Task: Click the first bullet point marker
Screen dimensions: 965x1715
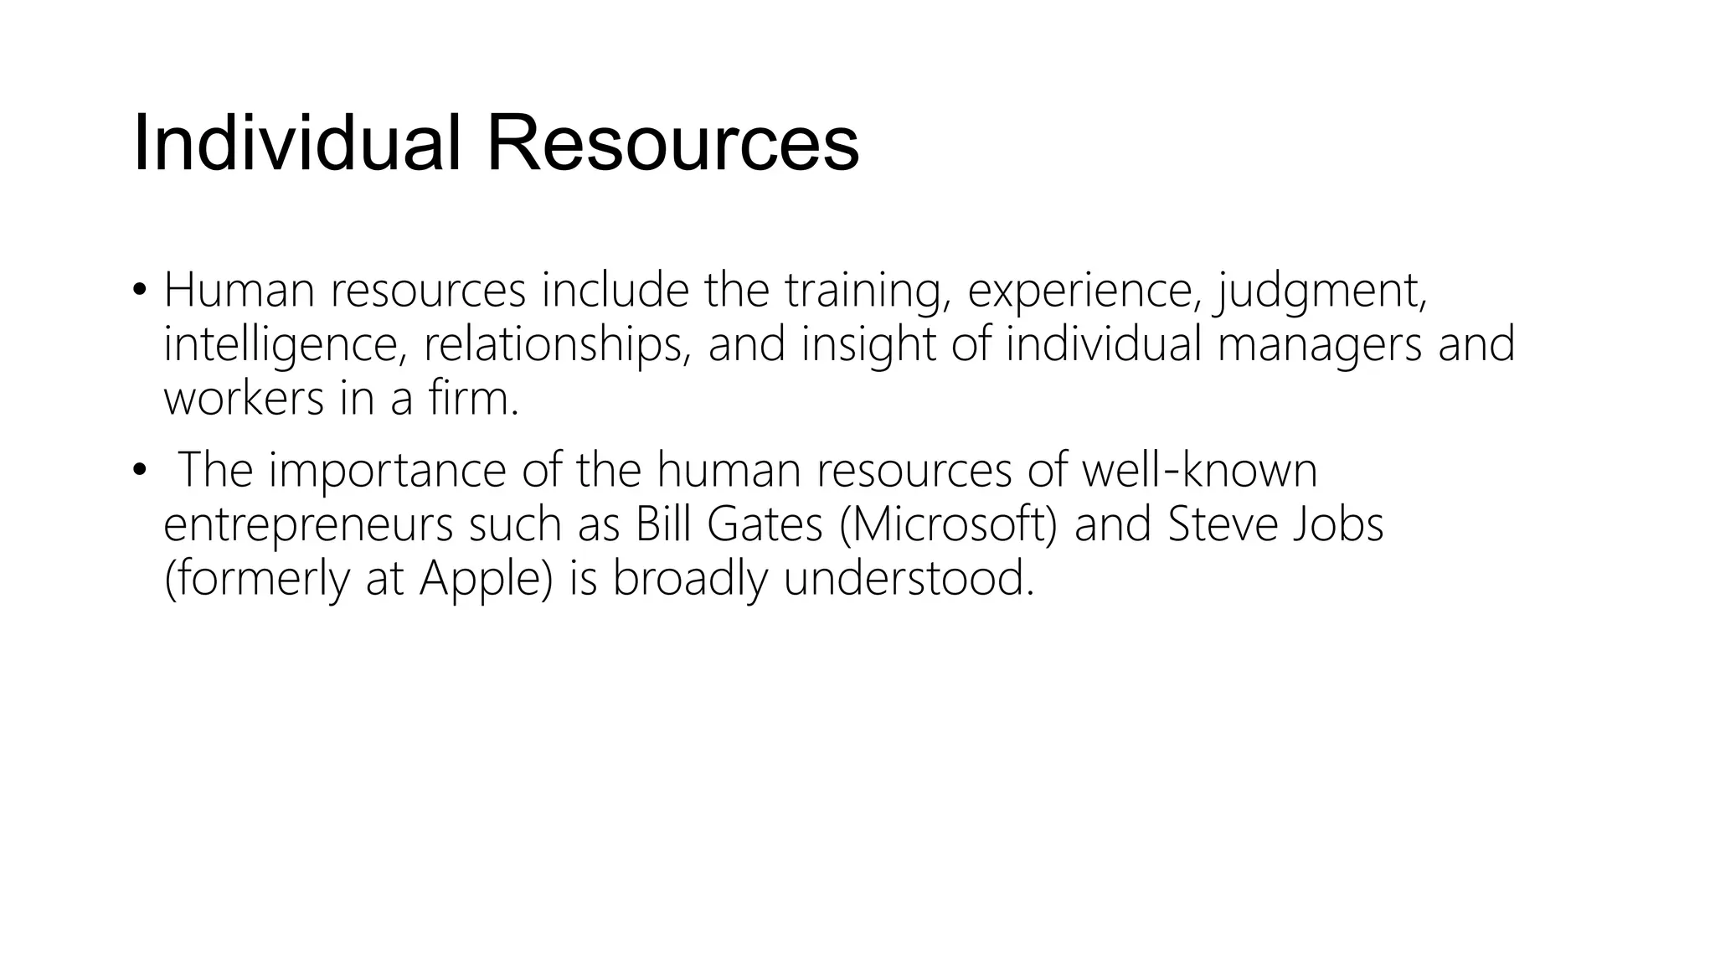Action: tap(139, 291)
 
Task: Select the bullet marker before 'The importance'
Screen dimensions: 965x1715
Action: tap(139, 470)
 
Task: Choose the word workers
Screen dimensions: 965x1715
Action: tap(244, 399)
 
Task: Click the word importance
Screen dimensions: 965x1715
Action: tap(387, 470)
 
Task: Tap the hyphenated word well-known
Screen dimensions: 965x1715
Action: tap(1199, 470)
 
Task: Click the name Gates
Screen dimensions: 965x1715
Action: tap(765, 524)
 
